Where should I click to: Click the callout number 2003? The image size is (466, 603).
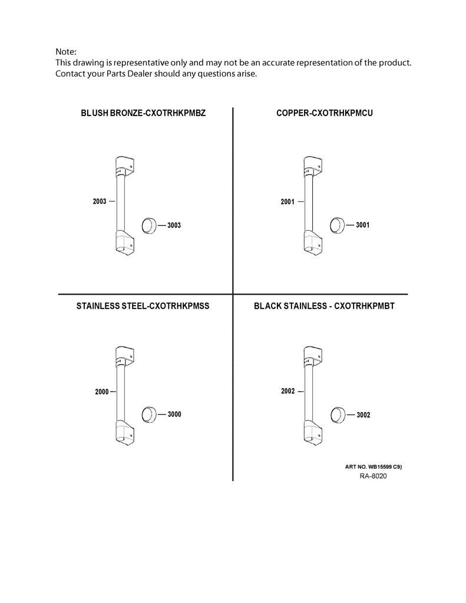(100, 201)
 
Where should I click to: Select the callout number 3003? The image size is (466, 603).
(174, 226)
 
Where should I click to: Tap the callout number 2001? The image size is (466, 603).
(287, 201)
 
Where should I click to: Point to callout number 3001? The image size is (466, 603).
(362, 225)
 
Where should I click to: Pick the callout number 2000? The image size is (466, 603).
(102, 392)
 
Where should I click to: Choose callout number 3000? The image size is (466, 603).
(174, 414)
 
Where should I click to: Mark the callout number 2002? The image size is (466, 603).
(288, 391)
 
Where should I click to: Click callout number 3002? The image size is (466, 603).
(363, 415)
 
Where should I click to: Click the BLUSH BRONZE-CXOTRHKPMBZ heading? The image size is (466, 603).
(143, 113)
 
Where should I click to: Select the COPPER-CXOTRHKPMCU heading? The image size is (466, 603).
(325, 113)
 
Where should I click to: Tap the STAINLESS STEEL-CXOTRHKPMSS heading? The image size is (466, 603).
(143, 306)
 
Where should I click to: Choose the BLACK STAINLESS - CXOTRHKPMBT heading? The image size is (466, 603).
(324, 306)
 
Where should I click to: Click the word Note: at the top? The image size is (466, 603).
(66, 52)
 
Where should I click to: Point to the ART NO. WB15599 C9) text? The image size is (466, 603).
(374, 467)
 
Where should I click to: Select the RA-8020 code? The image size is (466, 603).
(374, 476)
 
